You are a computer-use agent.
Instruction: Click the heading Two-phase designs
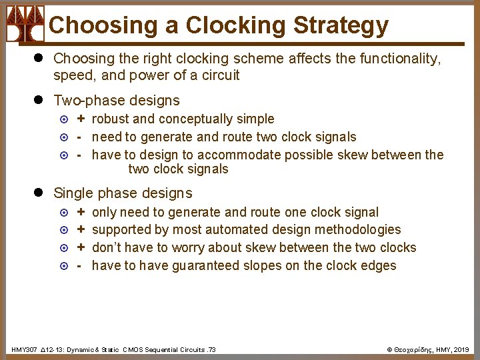(117, 101)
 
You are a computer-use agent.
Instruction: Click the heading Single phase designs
(123, 193)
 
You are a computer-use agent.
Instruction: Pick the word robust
(111, 119)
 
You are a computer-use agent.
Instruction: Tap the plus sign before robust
(81, 119)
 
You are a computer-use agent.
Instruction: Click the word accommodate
(239, 155)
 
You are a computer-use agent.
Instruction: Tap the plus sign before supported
(81, 230)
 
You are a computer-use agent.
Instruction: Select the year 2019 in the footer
(461, 350)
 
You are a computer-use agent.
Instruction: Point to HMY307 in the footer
(24, 350)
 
